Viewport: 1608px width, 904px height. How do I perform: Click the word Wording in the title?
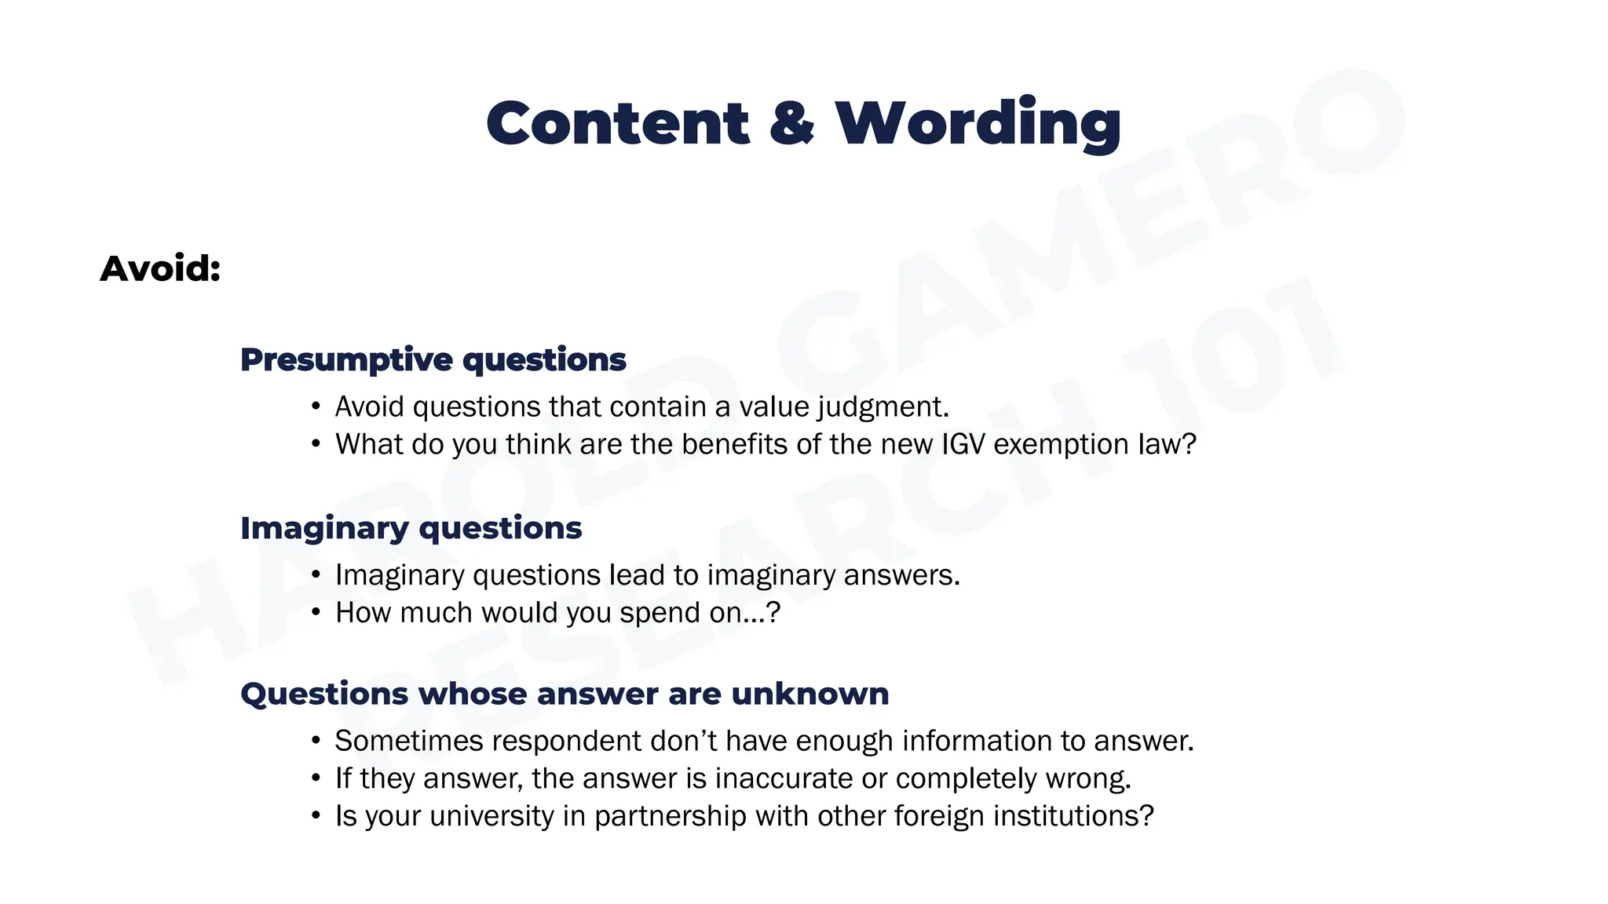click(x=978, y=124)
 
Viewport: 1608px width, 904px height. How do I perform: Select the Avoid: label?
click(x=160, y=269)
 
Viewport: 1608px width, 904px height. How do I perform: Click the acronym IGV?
click(x=963, y=445)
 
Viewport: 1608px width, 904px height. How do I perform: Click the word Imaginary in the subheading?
click(x=324, y=528)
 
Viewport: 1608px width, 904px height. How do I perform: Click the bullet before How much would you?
click(x=316, y=612)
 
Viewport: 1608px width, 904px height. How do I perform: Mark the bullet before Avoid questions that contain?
click(x=316, y=406)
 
